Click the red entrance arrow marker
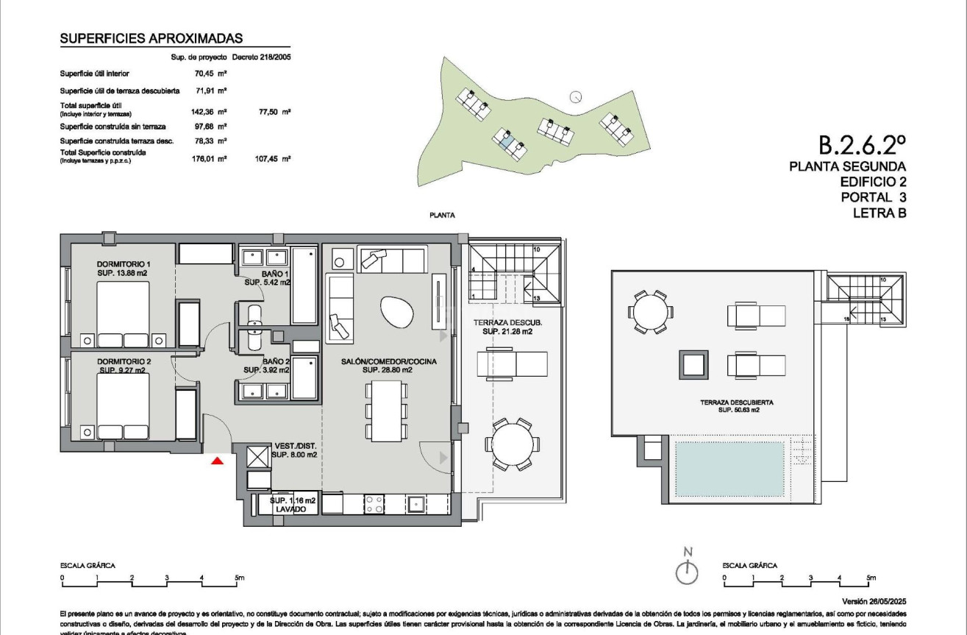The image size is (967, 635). [217, 461]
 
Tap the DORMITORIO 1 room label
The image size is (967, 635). [124, 264]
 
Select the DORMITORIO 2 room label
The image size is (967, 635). [124, 361]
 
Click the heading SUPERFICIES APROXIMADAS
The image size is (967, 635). [151, 39]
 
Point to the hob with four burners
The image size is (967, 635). [374, 504]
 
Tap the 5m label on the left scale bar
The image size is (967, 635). [239, 578]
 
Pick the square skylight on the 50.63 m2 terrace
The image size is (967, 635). [693, 364]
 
